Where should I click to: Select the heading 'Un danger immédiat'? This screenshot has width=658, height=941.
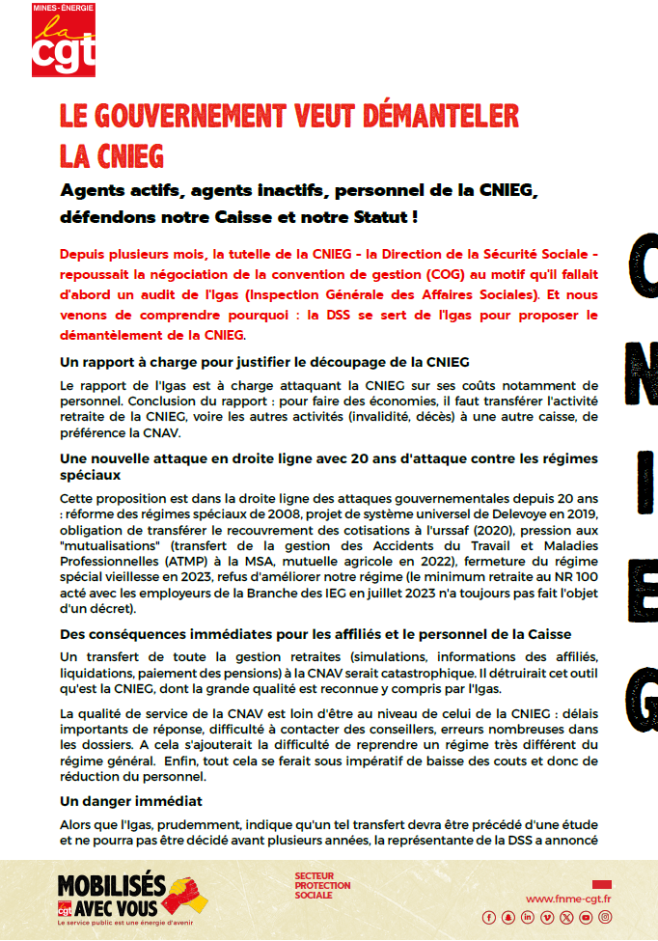tap(130, 802)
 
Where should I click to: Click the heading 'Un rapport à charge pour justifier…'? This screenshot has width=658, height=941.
tap(264, 362)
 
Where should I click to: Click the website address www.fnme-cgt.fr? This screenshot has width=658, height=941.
tap(569, 899)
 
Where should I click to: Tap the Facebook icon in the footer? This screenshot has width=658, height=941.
tap(488, 917)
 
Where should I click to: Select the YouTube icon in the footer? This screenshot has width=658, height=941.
tap(585, 917)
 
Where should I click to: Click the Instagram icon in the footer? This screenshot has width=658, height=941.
tap(604, 917)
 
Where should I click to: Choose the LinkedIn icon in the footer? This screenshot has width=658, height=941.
tap(527, 917)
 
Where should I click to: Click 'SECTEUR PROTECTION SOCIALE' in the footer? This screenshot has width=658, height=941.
tap(322, 886)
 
